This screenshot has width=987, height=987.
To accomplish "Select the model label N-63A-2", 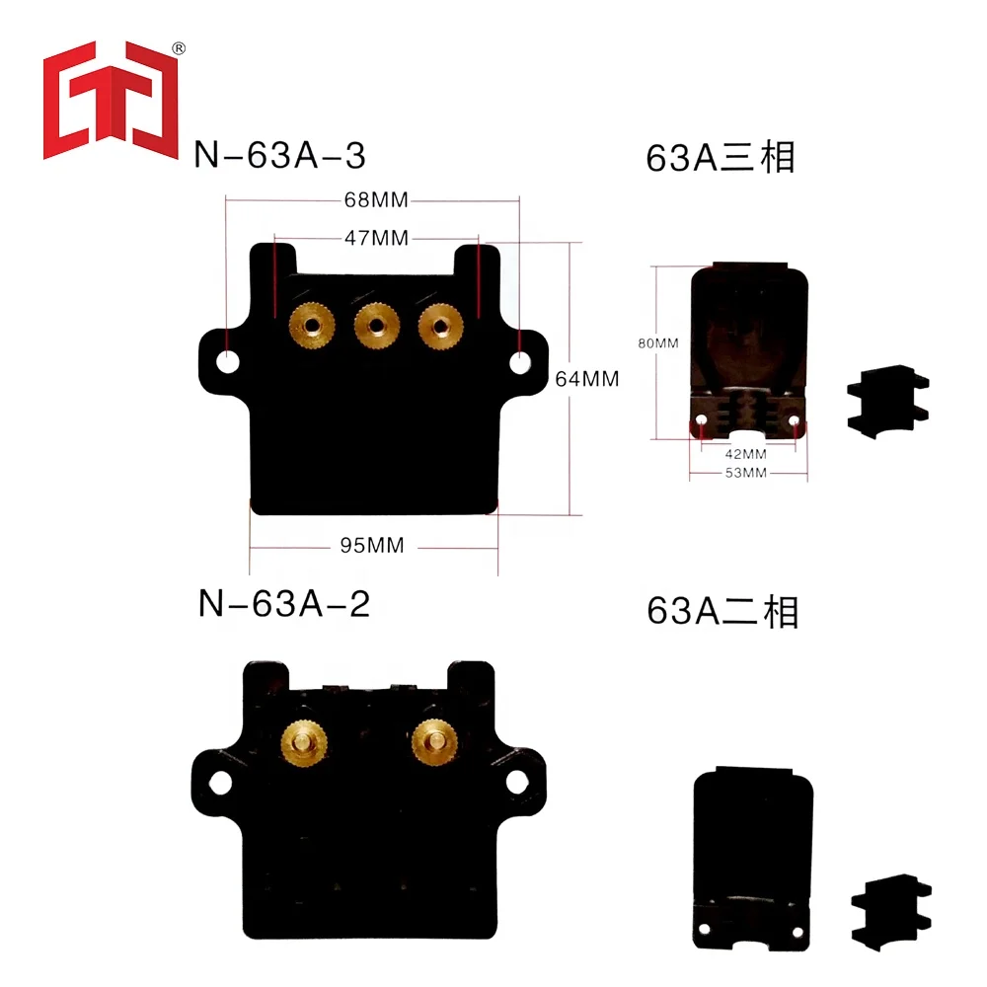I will click(x=283, y=603).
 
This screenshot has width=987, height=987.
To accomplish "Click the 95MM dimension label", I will click(x=372, y=546).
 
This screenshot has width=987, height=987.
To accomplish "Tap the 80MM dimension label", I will click(x=658, y=343).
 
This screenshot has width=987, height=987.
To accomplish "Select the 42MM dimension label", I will click(x=745, y=455).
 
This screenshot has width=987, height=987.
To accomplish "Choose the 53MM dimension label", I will click(x=745, y=474).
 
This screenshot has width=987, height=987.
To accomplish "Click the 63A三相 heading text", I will click(x=721, y=158).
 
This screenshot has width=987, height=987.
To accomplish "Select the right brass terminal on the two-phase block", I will click(x=432, y=736).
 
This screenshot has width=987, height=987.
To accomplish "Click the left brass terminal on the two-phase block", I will click(x=303, y=736).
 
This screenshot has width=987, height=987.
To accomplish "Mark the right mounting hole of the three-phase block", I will click(x=519, y=363).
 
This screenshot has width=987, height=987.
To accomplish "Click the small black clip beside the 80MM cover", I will click(x=887, y=399).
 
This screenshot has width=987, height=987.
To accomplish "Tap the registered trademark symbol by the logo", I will click(x=179, y=47).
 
